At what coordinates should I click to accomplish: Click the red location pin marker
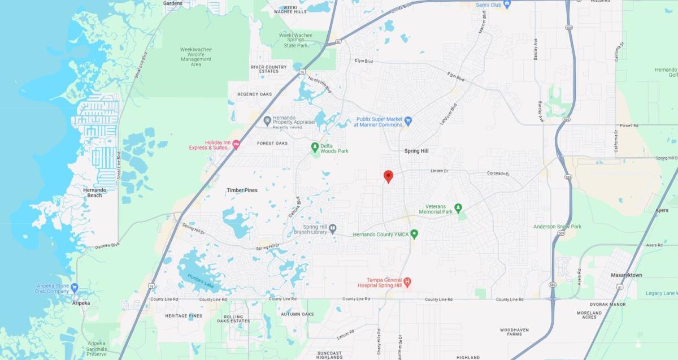[388, 176]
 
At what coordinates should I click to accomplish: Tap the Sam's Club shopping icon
[507, 5]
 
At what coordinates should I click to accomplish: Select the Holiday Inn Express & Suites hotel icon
[236, 145]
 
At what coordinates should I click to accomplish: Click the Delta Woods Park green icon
[315, 148]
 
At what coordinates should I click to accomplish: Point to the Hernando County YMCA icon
[414, 233]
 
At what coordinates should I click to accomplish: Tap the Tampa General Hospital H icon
[407, 281]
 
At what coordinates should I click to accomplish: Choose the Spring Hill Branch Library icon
[333, 229]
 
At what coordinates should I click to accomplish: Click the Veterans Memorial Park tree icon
[458, 208]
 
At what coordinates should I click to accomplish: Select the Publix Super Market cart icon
[408, 121]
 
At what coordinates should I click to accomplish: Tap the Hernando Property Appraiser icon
[267, 120]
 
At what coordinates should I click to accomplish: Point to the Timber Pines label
[242, 190]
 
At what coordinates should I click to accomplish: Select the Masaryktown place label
[627, 275]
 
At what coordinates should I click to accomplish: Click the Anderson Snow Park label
[557, 227]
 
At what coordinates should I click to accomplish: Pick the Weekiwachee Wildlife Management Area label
[195, 57]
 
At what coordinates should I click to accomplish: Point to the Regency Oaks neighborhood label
[254, 94]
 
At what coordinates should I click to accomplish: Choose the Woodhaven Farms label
[514, 332]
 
